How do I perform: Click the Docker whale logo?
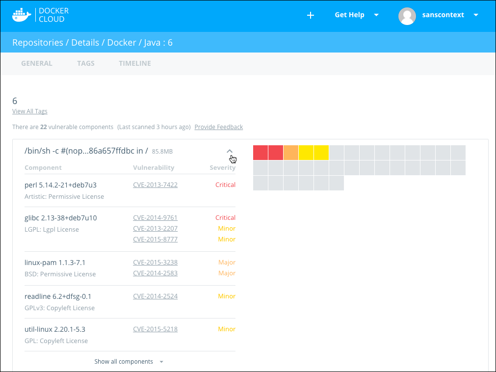tap(22, 15)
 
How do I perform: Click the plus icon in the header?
tap(310, 15)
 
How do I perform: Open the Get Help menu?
tap(356, 15)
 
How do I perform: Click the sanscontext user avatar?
tap(407, 15)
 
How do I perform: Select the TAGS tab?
tap(86, 63)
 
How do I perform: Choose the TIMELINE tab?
tap(135, 63)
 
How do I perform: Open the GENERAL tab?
tap(37, 63)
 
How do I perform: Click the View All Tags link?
tap(30, 111)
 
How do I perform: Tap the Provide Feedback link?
tap(219, 127)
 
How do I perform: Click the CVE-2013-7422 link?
tap(155, 185)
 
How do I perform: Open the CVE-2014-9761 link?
tap(155, 218)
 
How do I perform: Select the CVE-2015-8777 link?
tap(155, 239)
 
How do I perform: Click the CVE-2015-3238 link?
tap(155, 263)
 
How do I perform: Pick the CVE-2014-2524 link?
tap(155, 296)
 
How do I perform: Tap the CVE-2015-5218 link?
tap(155, 329)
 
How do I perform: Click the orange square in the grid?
tap(291, 153)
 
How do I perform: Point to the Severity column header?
tap(222, 168)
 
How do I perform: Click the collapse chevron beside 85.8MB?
tap(230, 151)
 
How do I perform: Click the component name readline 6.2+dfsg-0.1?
tap(58, 296)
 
